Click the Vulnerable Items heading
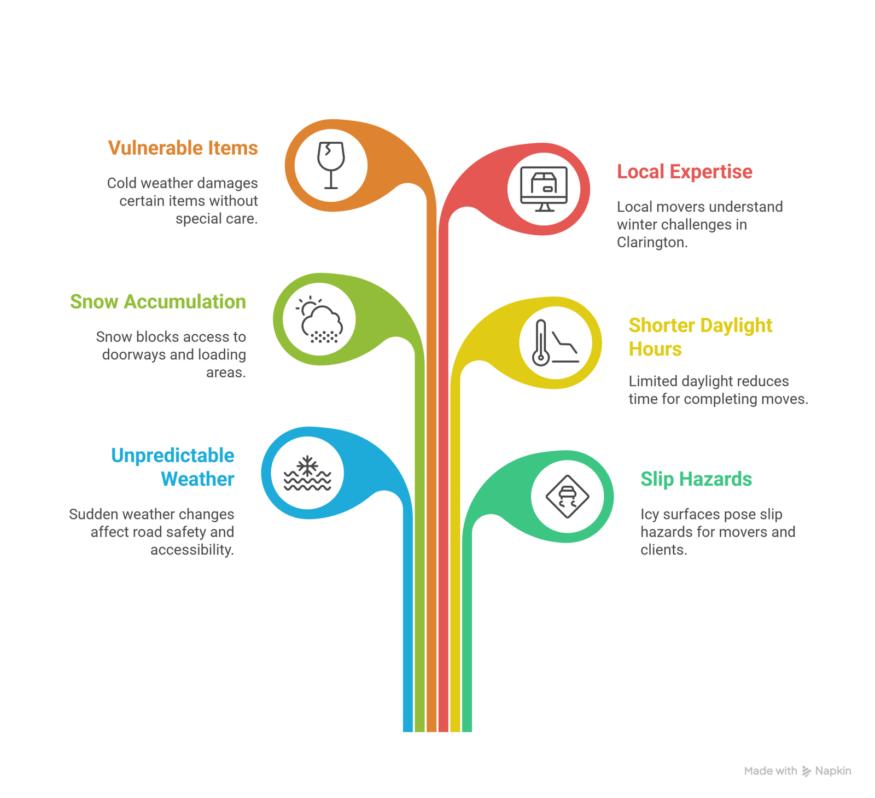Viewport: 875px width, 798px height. [x=183, y=148]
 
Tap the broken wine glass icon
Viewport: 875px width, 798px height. [x=331, y=165]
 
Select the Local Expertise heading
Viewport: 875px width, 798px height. [x=684, y=172]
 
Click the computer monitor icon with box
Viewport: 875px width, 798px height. [x=544, y=189]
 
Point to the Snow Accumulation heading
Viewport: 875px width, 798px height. [x=157, y=302]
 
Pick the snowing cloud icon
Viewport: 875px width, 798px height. [x=320, y=320]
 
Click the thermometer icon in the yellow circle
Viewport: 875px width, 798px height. [x=541, y=343]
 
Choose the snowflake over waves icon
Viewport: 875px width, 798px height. [x=307, y=474]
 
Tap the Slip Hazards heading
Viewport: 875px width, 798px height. [x=696, y=479]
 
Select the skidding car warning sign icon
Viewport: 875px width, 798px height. [x=567, y=497]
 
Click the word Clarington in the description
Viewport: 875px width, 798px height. [x=651, y=242]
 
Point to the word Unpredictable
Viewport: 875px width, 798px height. [x=172, y=456]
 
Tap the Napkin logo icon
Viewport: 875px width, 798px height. [x=806, y=771]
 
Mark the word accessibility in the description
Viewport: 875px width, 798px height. [x=191, y=550]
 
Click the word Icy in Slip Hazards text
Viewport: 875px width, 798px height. [x=650, y=515]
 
